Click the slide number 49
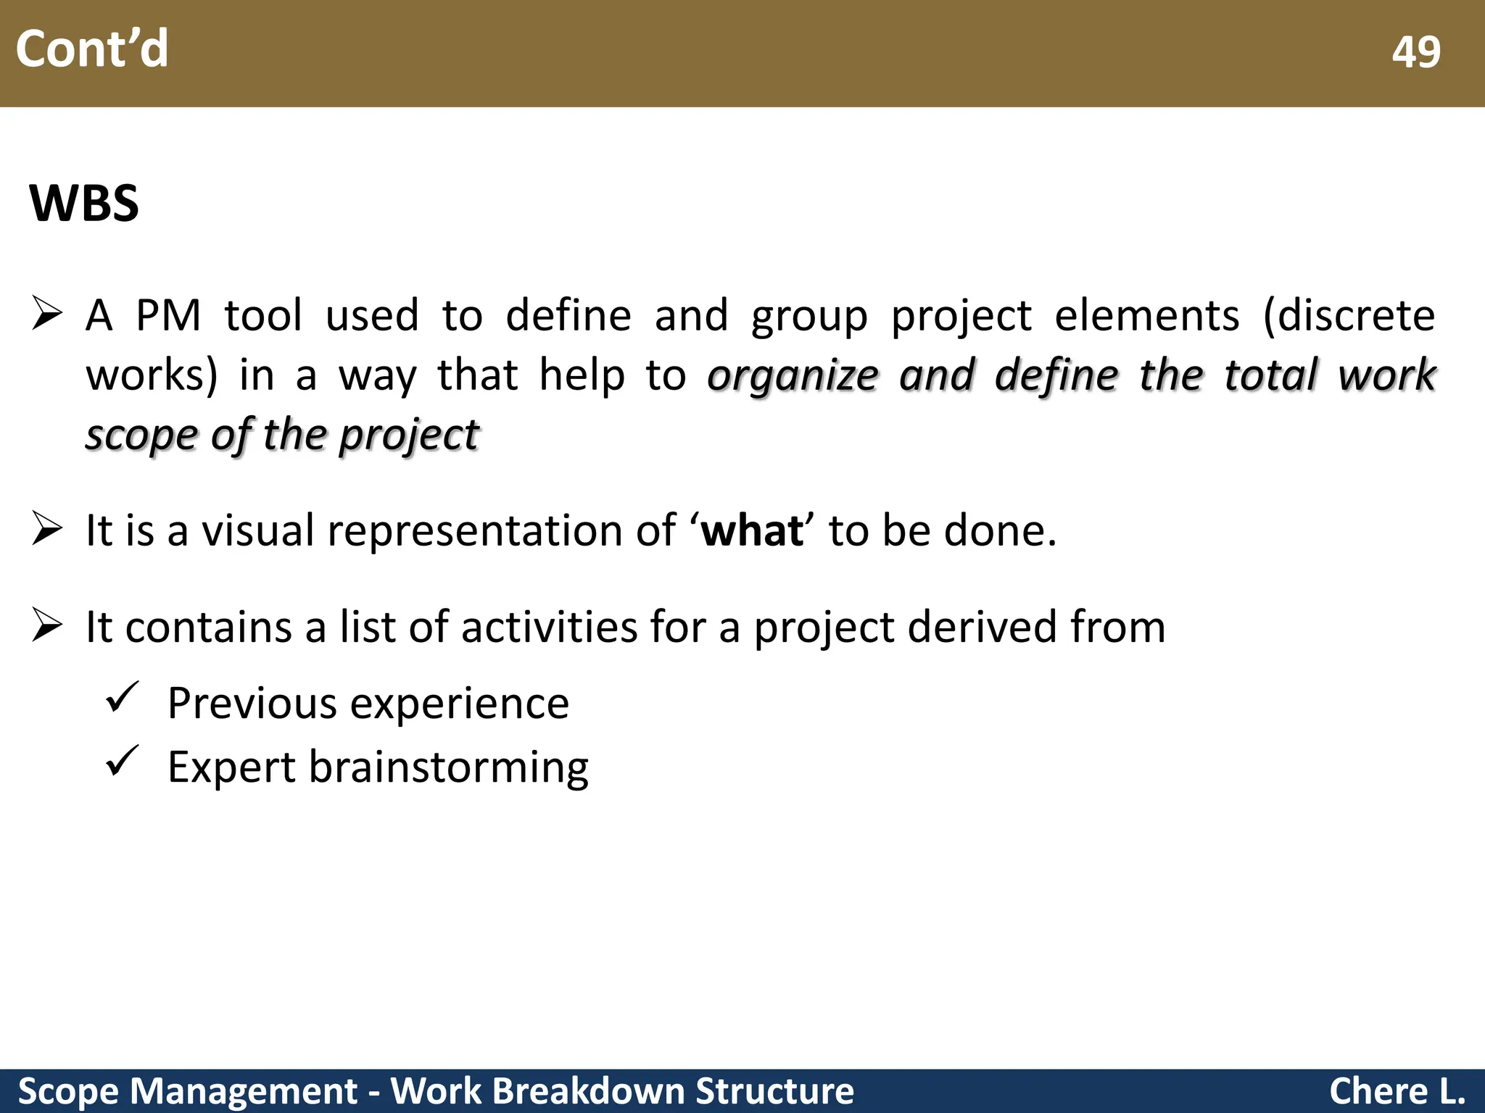click(x=1415, y=52)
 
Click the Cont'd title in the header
click(x=92, y=49)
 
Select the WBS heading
click(x=84, y=203)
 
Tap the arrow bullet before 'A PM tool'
click(x=48, y=314)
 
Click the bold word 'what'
click(x=752, y=530)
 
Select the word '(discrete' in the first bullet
click(x=1349, y=316)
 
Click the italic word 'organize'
click(x=793, y=375)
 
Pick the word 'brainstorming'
click(x=449, y=768)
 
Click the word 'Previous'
click(x=252, y=703)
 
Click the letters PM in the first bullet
click(x=168, y=316)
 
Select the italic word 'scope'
click(x=141, y=436)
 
